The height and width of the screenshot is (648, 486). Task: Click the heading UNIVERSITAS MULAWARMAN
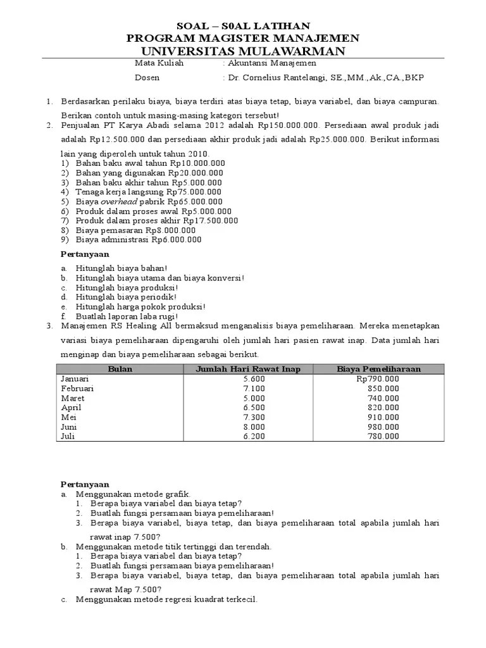pos(243,51)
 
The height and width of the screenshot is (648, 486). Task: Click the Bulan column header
pos(120,369)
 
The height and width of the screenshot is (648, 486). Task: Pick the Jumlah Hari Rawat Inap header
pos(248,369)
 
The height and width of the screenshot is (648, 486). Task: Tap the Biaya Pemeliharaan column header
pos(378,369)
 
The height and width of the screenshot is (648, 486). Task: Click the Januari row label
pos(75,378)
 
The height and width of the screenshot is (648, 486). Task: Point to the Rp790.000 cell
pos(378,378)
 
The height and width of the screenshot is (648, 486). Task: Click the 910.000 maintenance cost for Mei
pos(383,417)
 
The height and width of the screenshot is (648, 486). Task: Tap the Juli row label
pos(68,436)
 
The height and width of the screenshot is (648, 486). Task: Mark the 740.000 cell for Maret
pos(383,398)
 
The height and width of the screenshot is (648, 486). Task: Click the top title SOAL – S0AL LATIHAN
pos(243,26)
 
